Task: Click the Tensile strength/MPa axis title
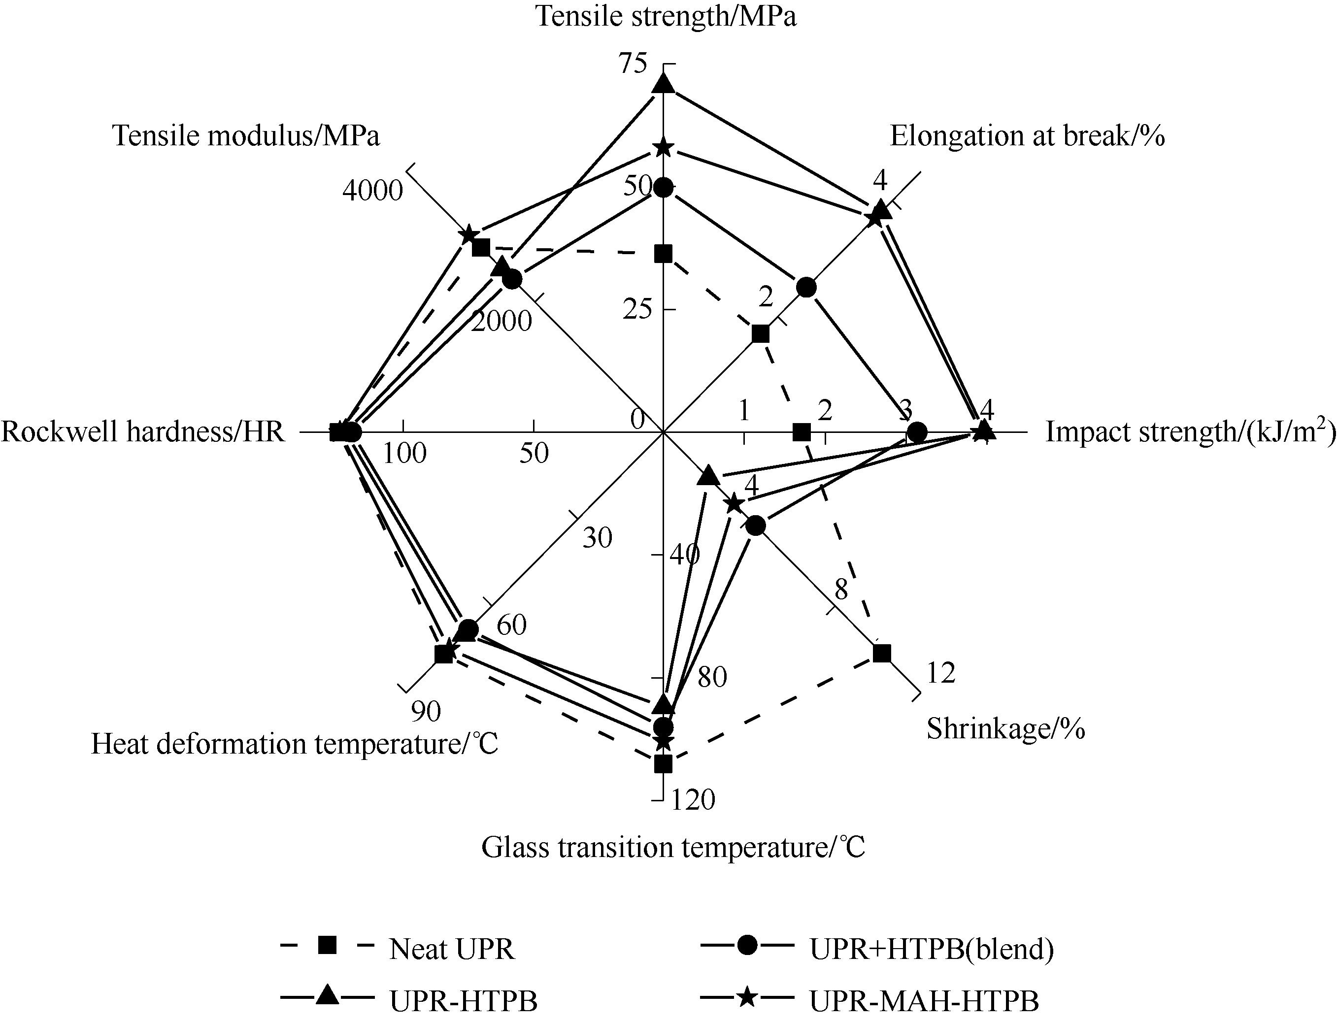point(666,16)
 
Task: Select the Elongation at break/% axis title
point(1028,136)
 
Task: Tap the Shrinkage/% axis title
point(1006,728)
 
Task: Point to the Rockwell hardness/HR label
point(143,431)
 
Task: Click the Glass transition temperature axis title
point(673,847)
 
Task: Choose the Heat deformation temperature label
point(295,744)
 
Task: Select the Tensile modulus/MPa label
point(246,136)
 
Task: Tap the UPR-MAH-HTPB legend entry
point(869,1000)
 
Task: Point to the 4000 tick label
point(372,191)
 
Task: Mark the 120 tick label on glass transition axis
point(693,800)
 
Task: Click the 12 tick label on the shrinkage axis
point(941,673)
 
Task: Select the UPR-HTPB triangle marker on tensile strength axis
point(663,84)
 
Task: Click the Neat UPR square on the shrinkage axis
point(881,653)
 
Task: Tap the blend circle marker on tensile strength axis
point(663,188)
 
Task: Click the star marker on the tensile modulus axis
point(468,234)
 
